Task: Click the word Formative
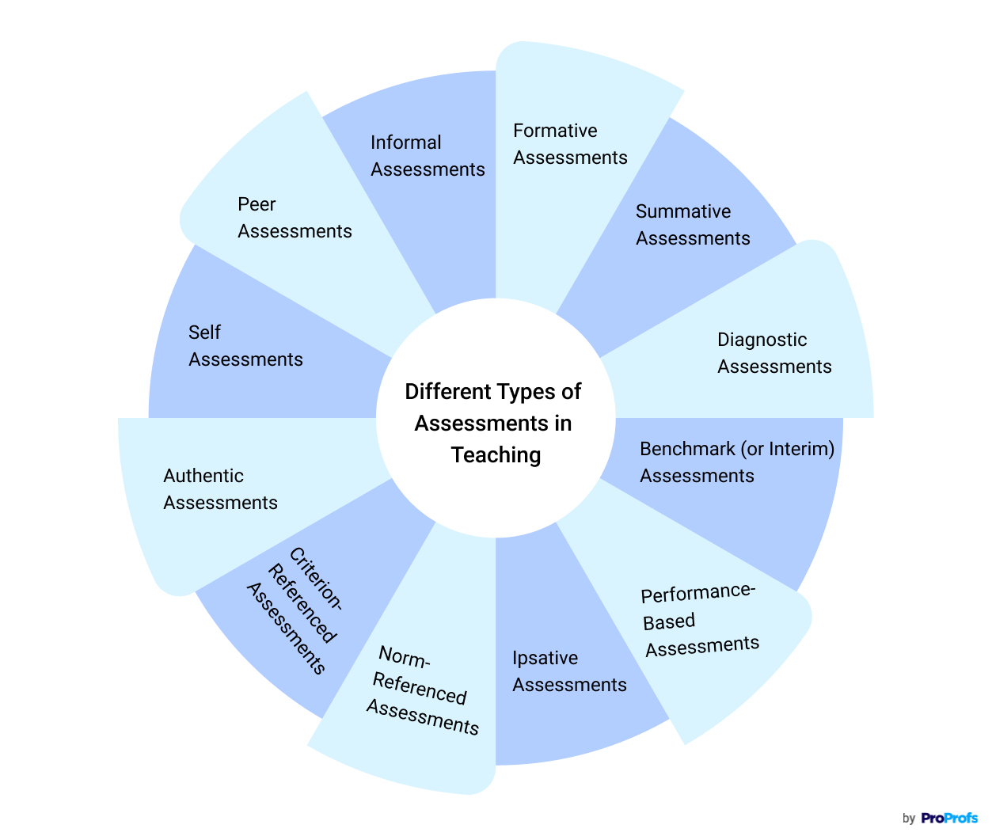tap(555, 131)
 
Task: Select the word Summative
tap(683, 211)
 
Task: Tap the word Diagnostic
tap(762, 340)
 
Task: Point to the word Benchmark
tap(687, 449)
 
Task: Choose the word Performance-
tap(698, 593)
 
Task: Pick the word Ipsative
tap(545, 658)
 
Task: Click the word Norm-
tap(404, 657)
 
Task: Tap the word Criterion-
tap(316, 579)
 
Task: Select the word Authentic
tap(203, 476)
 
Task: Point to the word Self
tap(204, 332)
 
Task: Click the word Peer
tap(257, 204)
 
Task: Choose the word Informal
tap(405, 142)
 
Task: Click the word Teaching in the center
tap(496, 455)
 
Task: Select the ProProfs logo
tap(949, 818)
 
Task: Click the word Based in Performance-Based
tap(669, 622)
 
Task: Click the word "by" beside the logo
tap(909, 819)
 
